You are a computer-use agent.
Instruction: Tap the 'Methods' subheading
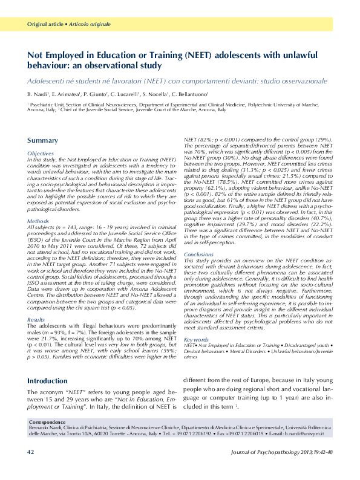(38, 221)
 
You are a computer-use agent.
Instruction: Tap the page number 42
(31, 469)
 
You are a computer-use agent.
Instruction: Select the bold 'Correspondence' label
(47, 421)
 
